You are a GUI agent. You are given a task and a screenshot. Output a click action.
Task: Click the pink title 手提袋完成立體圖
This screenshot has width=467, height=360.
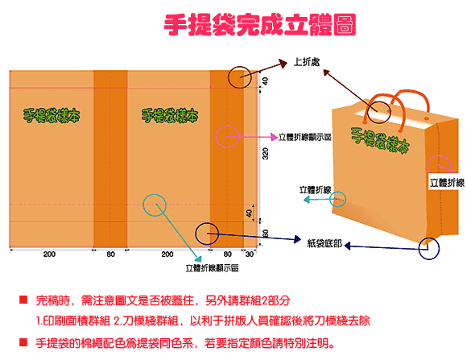click(x=260, y=25)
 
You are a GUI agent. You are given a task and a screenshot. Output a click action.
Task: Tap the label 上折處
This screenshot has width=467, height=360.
click(x=307, y=62)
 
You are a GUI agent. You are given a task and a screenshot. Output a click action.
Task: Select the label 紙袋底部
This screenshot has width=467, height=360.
click(x=324, y=243)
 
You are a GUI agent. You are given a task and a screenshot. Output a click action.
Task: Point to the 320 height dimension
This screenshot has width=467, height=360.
click(x=266, y=154)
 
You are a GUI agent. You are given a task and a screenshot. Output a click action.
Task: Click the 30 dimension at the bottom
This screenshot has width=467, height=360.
click(x=250, y=254)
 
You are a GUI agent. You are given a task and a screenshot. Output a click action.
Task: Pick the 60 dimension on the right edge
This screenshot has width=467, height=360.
click(x=266, y=234)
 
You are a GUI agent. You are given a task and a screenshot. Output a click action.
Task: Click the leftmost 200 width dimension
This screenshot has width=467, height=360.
click(x=49, y=254)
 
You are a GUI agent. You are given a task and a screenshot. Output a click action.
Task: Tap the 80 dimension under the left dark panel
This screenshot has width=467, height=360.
click(x=111, y=254)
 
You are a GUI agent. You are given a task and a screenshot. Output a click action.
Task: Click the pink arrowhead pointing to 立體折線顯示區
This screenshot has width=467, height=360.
click(x=274, y=137)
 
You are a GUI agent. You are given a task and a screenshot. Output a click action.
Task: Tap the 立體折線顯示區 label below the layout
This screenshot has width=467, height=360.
click(x=212, y=268)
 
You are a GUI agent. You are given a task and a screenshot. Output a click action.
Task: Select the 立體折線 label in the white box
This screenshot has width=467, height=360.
click(x=447, y=182)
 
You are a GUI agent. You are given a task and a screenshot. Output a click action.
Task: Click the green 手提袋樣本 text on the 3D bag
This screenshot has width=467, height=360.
click(x=380, y=140)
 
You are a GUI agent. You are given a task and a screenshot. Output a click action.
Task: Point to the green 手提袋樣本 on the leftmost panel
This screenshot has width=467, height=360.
click(x=52, y=116)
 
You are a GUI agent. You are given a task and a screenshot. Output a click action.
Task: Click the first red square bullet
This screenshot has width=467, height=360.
click(x=23, y=300)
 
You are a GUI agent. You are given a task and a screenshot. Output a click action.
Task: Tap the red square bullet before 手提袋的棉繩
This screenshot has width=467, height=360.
click(x=23, y=341)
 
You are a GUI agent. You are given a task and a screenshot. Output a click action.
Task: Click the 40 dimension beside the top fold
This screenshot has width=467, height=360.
click(x=266, y=81)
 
